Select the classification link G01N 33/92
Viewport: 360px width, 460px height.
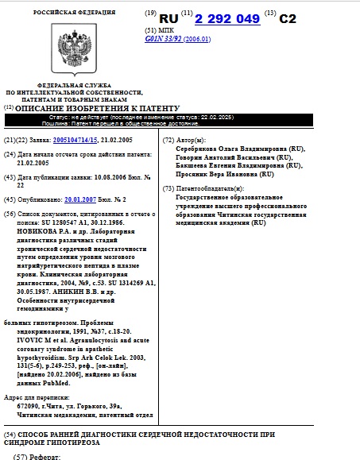tap(165, 37)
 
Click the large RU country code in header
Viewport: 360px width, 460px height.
tap(168, 17)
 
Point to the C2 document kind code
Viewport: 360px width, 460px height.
tap(291, 17)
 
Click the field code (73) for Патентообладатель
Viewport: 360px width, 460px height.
tap(167, 187)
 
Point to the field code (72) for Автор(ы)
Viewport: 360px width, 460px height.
tap(167, 140)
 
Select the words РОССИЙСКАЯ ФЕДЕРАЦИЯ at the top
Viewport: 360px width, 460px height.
tap(74, 13)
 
